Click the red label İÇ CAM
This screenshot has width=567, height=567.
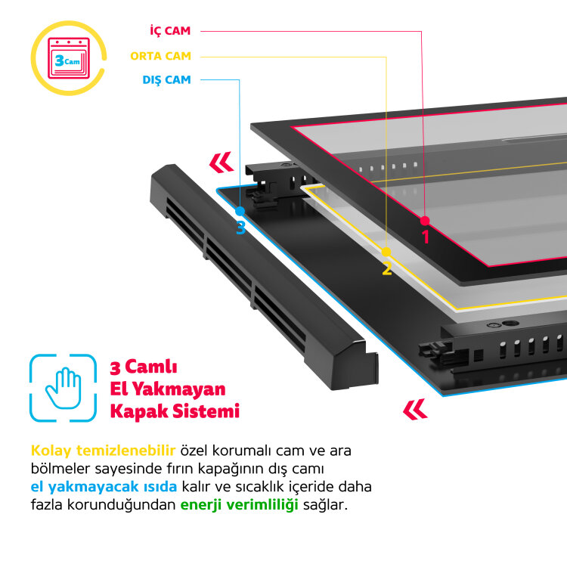(169, 31)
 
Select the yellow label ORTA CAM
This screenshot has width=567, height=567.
(160, 56)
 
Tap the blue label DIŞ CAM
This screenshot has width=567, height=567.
(166, 79)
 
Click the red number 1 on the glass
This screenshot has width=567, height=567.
(425, 237)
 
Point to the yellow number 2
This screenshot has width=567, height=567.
(386, 268)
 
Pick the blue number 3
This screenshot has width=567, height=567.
(240, 228)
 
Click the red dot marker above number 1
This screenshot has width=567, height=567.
(425, 221)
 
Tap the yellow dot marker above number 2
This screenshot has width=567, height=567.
(386, 252)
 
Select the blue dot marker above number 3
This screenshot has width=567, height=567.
(240, 212)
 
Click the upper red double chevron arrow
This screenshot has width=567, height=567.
(221, 162)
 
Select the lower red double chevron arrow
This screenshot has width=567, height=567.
(415, 409)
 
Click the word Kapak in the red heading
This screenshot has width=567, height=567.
(137, 411)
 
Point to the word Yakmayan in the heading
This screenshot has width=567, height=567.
(179, 389)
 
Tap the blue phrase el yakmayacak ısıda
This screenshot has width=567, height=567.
(104, 486)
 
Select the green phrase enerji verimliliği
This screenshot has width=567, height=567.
(240, 504)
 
